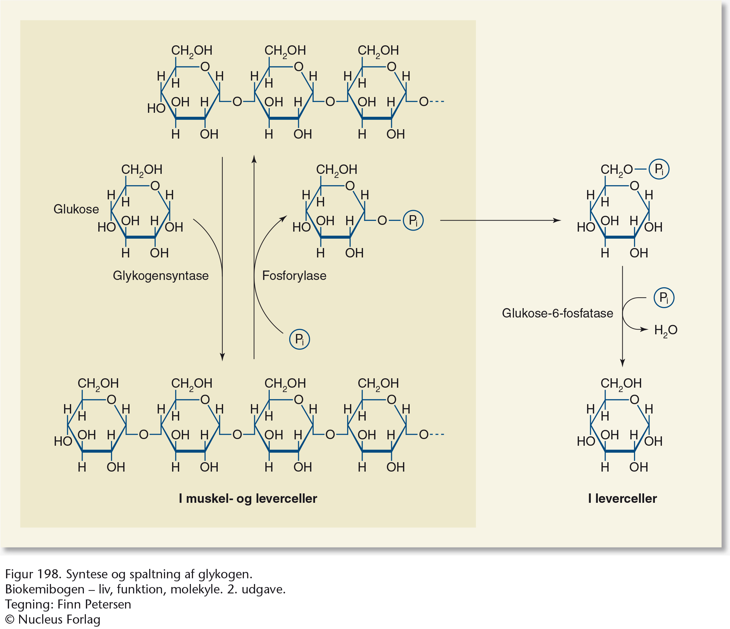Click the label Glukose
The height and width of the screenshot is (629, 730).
pyautogui.click(x=76, y=209)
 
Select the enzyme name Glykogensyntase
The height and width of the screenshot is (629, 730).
pyautogui.click(x=161, y=276)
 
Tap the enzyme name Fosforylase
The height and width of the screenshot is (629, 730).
pyautogui.click(x=294, y=276)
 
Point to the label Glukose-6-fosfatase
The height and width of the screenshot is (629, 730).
pyautogui.click(x=557, y=313)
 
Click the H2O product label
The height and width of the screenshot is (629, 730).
pyautogui.click(x=666, y=330)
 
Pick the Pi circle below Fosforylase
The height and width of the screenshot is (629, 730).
pyautogui.click(x=300, y=339)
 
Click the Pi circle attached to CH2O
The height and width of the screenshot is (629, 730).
pyautogui.click(x=659, y=169)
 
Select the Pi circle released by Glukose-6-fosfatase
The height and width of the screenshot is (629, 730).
pyautogui.click(x=664, y=298)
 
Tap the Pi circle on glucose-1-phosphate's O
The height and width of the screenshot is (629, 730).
pyautogui.click(x=413, y=221)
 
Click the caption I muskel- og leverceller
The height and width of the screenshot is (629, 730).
pyautogui.click(x=248, y=498)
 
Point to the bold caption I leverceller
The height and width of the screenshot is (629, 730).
pyautogui.click(x=622, y=498)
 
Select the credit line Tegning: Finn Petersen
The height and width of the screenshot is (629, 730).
pyautogui.click(x=68, y=604)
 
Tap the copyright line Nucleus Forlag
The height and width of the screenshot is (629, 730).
pyautogui.click(x=53, y=620)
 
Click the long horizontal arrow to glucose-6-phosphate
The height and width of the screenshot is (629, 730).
pyautogui.click(x=500, y=221)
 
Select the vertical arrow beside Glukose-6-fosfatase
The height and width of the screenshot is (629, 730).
pyautogui.click(x=623, y=317)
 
